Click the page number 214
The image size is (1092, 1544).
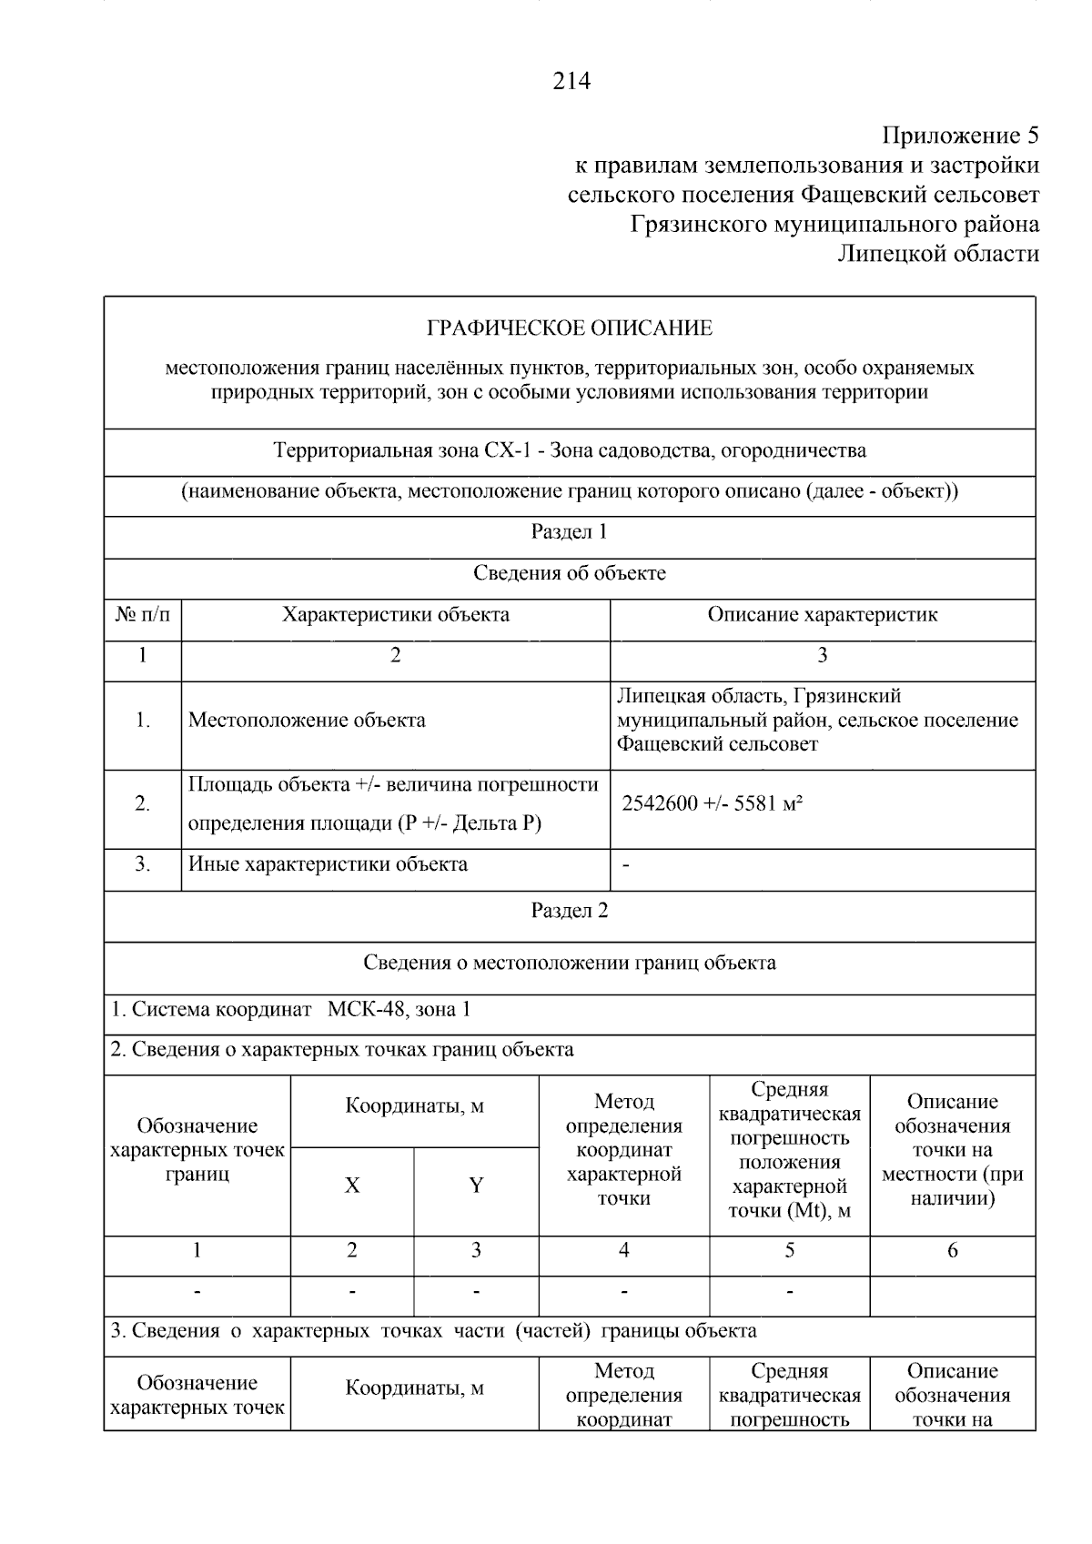pyautogui.click(x=571, y=82)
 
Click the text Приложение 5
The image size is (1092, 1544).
pyautogui.click(x=960, y=136)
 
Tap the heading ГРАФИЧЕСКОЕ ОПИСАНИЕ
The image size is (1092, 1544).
pyautogui.click(x=570, y=328)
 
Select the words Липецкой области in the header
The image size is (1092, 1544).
pyautogui.click(x=938, y=253)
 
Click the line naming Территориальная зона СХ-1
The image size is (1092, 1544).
pyautogui.click(x=570, y=450)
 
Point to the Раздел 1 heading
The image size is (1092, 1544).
pyautogui.click(x=570, y=532)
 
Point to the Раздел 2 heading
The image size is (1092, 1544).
pyautogui.click(x=570, y=911)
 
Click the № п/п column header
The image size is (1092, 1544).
pyautogui.click(x=143, y=615)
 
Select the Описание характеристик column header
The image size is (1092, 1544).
pyautogui.click(x=822, y=615)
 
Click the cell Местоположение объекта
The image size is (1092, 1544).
pyautogui.click(x=307, y=721)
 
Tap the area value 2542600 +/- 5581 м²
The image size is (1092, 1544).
pyautogui.click(x=712, y=803)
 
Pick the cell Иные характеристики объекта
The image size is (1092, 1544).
pyautogui.click(x=328, y=864)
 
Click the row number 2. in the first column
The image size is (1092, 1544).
pyautogui.click(x=143, y=803)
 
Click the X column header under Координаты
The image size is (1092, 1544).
pyautogui.click(x=352, y=1186)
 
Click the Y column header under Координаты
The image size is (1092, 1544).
pyautogui.click(x=476, y=1186)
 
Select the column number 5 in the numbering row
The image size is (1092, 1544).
pyautogui.click(x=789, y=1251)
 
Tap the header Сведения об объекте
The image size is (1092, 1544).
pyautogui.click(x=570, y=573)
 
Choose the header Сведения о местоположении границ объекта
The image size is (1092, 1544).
pyautogui.click(x=570, y=963)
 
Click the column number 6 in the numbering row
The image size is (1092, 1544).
pyautogui.click(x=952, y=1251)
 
